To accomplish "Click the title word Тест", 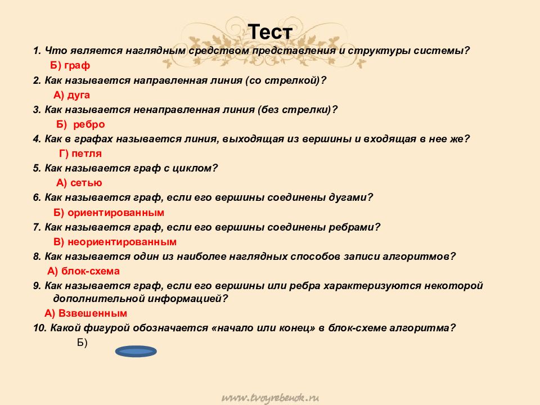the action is [x=270, y=31].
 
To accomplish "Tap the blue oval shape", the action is [x=136, y=351].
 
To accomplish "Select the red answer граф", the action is [x=77, y=65].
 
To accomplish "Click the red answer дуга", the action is [x=79, y=94].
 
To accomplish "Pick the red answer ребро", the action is [x=89, y=124].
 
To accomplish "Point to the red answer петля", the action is [x=87, y=154].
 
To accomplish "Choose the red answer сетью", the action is [x=86, y=182].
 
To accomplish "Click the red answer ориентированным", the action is [x=116, y=213].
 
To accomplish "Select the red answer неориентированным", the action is [x=122, y=242].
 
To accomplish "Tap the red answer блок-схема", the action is [x=90, y=271].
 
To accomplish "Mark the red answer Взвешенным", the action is [x=93, y=313].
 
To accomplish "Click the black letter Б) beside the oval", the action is [x=82, y=343].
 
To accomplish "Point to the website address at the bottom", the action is [x=270, y=398].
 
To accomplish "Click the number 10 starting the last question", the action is [x=39, y=328].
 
